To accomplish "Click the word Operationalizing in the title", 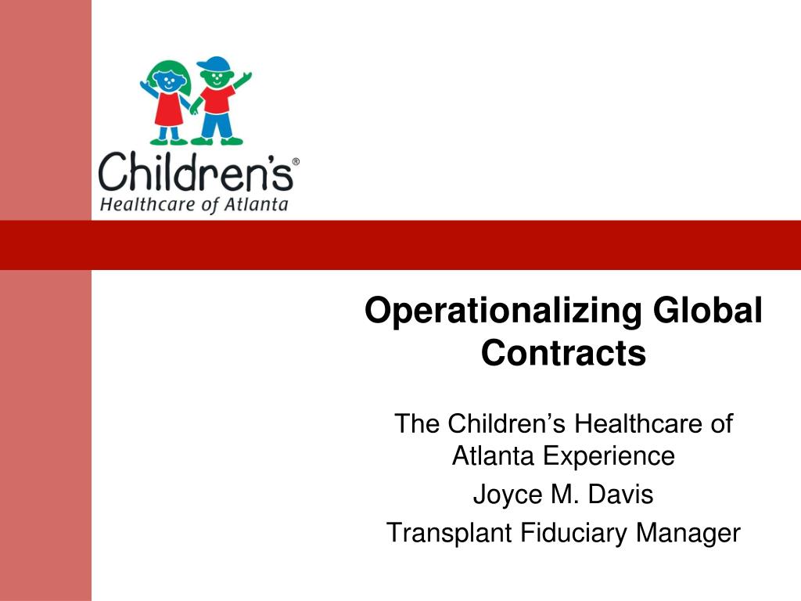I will click(x=501, y=311).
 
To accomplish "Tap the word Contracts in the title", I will click(x=563, y=353).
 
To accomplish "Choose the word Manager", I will click(x=688, y=533).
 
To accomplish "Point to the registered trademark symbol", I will click(x=295, y=162).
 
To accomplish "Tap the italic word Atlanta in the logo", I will click(x=257, y=206).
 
